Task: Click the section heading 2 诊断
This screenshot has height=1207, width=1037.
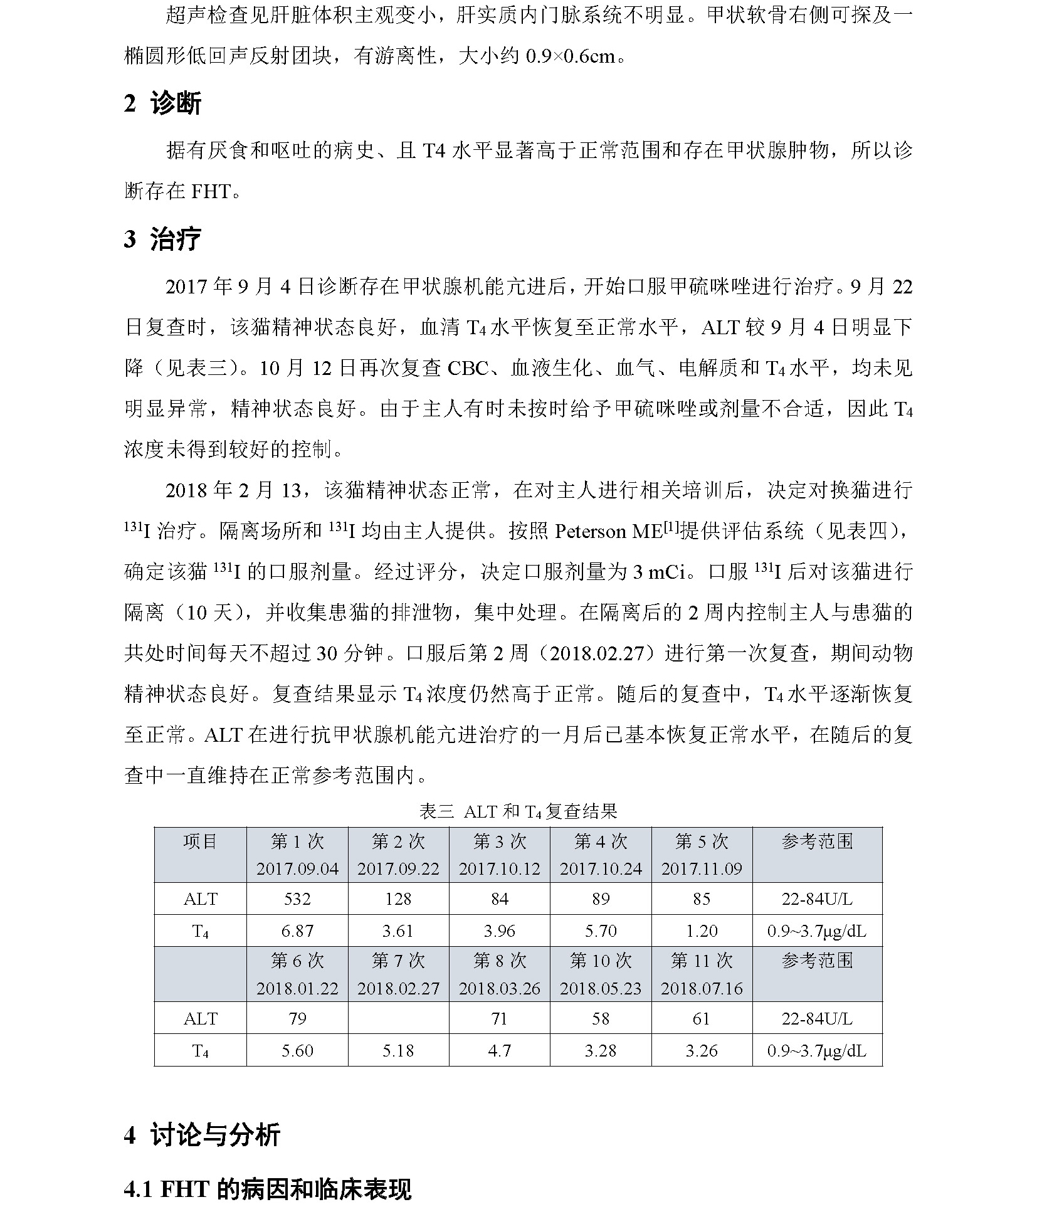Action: [162, 103]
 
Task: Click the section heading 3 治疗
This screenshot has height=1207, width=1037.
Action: [162, 239]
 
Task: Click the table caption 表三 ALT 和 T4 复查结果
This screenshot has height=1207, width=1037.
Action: [518, 811]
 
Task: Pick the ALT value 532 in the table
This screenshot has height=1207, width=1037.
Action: [297, 899]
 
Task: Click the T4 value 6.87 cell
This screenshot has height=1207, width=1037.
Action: [297, 931]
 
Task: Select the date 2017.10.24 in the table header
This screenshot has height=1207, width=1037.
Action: [601, 868]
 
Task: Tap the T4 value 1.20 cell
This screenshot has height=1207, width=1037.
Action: [702, 931]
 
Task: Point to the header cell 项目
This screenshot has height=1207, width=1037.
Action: [200, 841]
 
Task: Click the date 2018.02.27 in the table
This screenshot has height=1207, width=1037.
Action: [398, 988]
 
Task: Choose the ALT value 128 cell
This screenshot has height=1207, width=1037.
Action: [398, 899]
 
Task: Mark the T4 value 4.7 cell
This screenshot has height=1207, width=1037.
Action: [499, 1050]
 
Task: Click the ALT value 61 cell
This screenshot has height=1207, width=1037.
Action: [702, 1019]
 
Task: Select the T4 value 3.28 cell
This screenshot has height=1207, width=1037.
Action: [601, 1050]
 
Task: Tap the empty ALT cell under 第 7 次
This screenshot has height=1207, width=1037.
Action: [398, 1019]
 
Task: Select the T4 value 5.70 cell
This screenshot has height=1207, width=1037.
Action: [601, 931]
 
